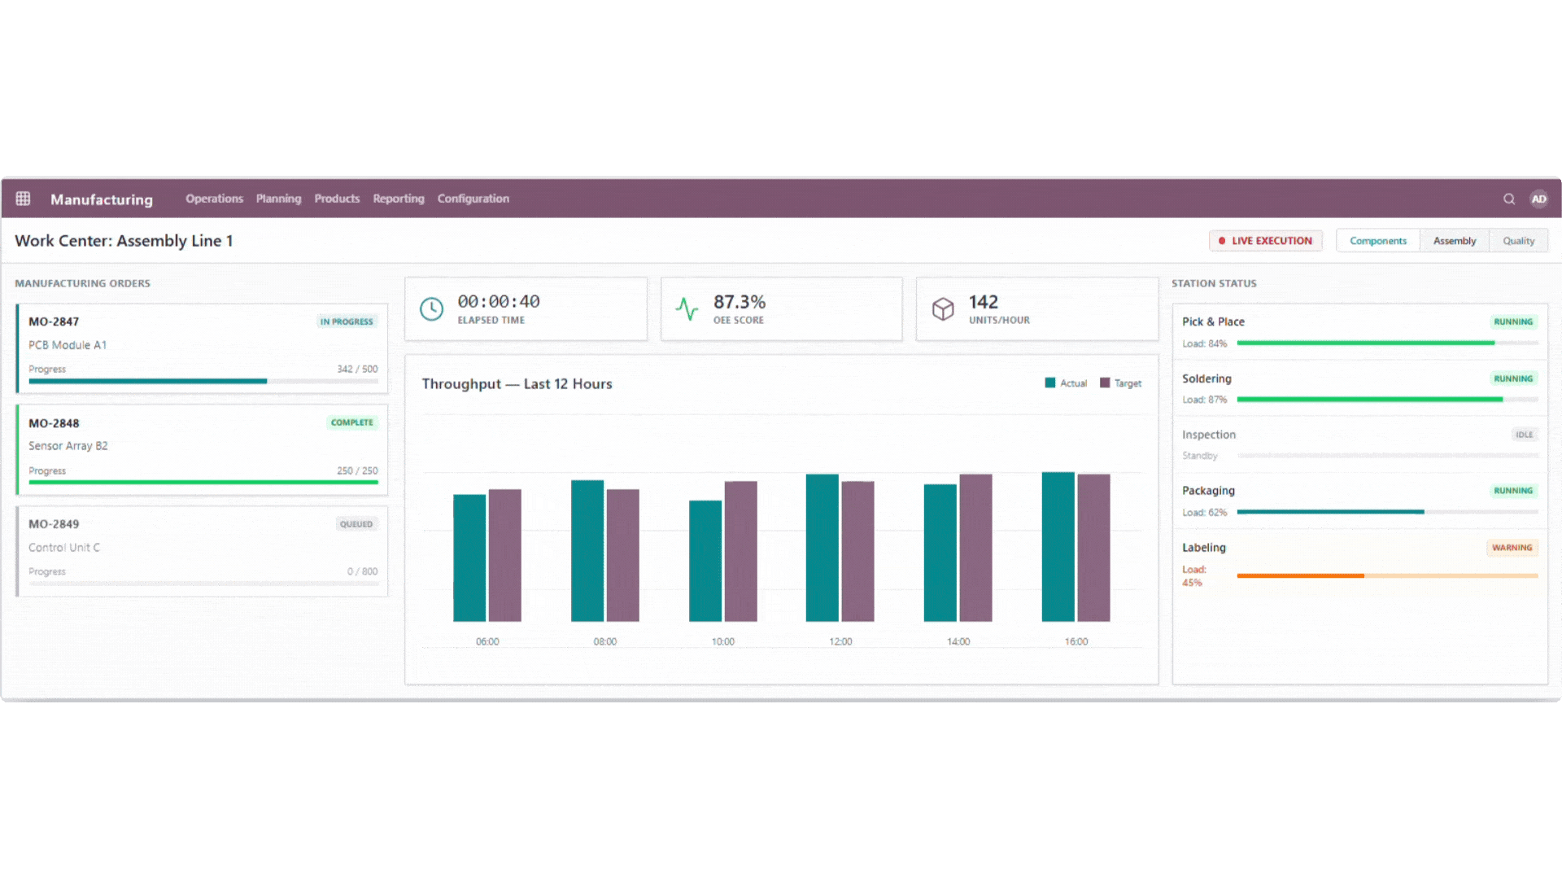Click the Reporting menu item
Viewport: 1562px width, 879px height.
pos(399,199)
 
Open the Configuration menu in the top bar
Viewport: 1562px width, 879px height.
pos(473,199)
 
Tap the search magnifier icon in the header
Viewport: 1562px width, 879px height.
pos(1509,199)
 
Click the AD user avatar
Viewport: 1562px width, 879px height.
pos(1538,199)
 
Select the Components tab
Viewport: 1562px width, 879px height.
pos(1377,241)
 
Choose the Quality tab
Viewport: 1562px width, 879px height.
pos(1518,241)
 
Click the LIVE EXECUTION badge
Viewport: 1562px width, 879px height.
pos(1265,241)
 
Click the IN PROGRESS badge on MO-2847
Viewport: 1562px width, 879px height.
pos(347,321)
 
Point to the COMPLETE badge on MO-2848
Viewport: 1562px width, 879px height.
pos(351,422)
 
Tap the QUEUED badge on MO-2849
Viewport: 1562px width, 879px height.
pos(356,524)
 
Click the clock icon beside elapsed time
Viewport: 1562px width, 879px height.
pos(431,309)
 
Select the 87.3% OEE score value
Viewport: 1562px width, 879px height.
pos(739,302)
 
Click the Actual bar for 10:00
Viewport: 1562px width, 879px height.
pos(705,561)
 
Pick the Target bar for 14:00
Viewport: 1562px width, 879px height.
pos(975,548)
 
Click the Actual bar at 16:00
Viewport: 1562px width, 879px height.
pos(1058,547)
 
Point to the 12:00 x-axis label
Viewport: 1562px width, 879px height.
pos(840,641)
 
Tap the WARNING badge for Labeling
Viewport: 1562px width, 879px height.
pos(1512,548)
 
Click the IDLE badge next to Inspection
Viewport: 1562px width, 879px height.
pos(1524,435)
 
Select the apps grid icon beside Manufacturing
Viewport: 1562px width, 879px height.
pos(23,199)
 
